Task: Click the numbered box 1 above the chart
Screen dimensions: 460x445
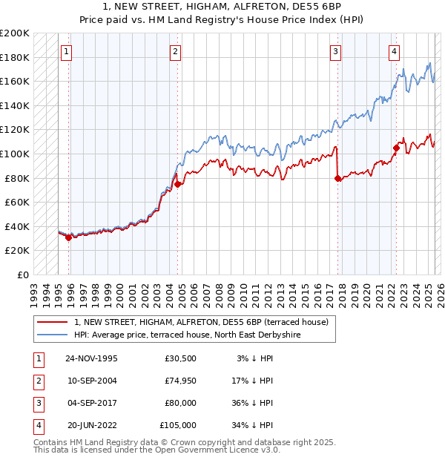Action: [67, 51]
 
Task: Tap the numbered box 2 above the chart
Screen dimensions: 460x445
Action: [175, 51]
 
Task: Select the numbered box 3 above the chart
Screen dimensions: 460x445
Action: [335, 51]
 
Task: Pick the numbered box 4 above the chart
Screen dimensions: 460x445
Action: [394, 51]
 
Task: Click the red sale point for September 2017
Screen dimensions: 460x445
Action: [337, 178]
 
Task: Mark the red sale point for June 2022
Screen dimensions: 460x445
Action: [396, 148]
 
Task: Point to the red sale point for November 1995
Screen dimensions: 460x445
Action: [68, 237]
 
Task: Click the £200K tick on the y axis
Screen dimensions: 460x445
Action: [15, 33]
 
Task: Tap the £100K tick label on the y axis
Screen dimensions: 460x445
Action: [15, 154]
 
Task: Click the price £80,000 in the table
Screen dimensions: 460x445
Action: [181, 403]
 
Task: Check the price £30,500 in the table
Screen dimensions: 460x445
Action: [181, 358]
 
